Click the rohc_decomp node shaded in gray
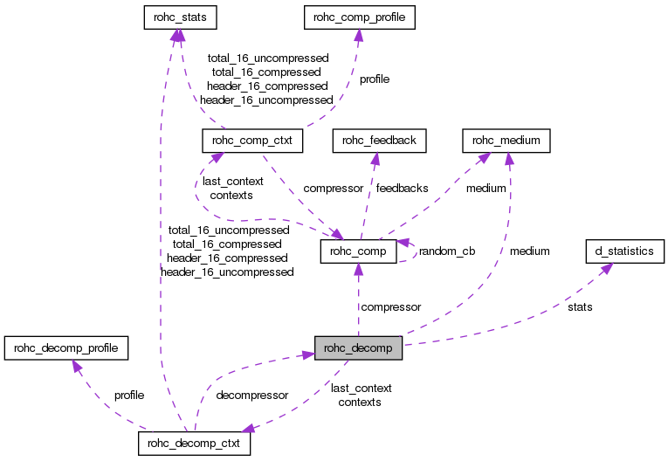358,348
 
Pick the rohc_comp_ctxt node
252,140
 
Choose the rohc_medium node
506,140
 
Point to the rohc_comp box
359,251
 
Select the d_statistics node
623,251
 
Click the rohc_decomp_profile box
66,348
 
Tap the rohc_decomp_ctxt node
195,444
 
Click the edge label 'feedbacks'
402,188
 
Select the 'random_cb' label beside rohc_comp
447,251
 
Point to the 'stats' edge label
580,307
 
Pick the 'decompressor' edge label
252,395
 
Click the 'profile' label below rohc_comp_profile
375,79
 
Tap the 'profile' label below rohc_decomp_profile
129,395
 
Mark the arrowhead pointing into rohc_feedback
375,155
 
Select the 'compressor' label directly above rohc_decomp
391,307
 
